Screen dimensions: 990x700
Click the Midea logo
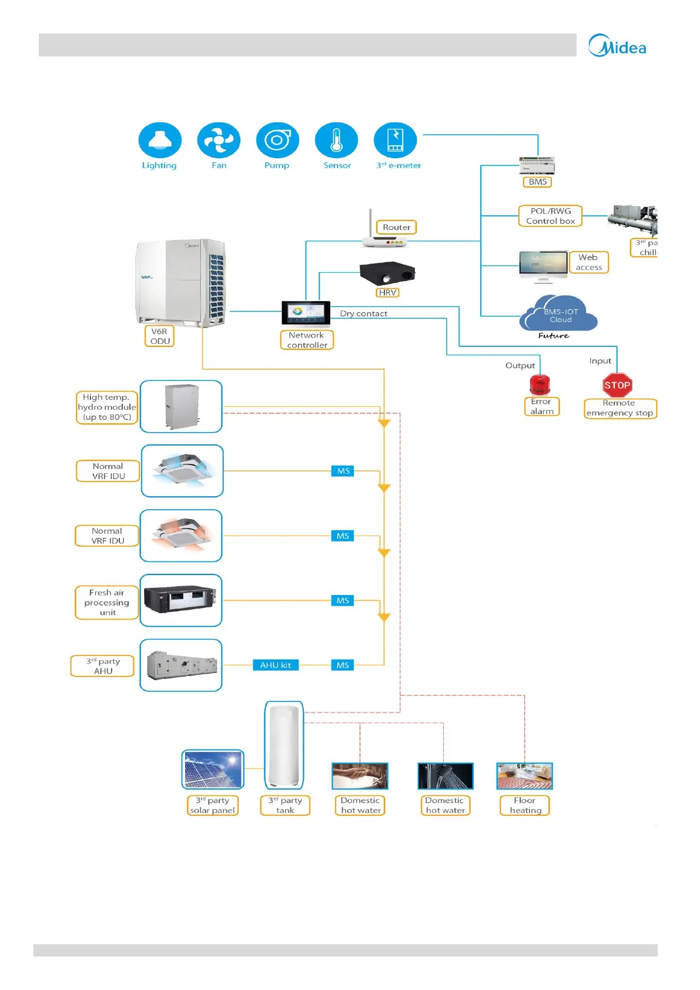(x=617, y=46)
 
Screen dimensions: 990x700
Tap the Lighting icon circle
(x=160, y=141)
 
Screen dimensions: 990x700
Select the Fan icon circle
(x=219, y=141)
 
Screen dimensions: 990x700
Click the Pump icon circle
(x=277, y=141)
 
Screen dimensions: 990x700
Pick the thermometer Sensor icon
(x=336, y=141)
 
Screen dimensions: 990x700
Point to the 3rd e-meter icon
(x=395, y=141)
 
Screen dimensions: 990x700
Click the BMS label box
(x=538, y=182)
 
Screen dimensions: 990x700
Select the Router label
(x=397, y=228)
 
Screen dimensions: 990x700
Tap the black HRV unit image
(x=387, y=273)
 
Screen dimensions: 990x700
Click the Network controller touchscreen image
(x=306, y=313)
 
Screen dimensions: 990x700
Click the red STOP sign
(x=617, y=386)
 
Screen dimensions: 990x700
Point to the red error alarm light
(x=540, y=385)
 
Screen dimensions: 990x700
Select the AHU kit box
(x=276, y=665)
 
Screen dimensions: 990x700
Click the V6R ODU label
(x=160, y=336)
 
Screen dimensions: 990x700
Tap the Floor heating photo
(x=525, y=776)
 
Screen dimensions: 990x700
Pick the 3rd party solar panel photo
(x=213, y=770)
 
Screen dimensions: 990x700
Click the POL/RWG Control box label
(x=551, y=216)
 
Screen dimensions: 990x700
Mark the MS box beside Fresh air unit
(x=343, y=600)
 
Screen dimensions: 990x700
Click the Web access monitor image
(x=543, y=266)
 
